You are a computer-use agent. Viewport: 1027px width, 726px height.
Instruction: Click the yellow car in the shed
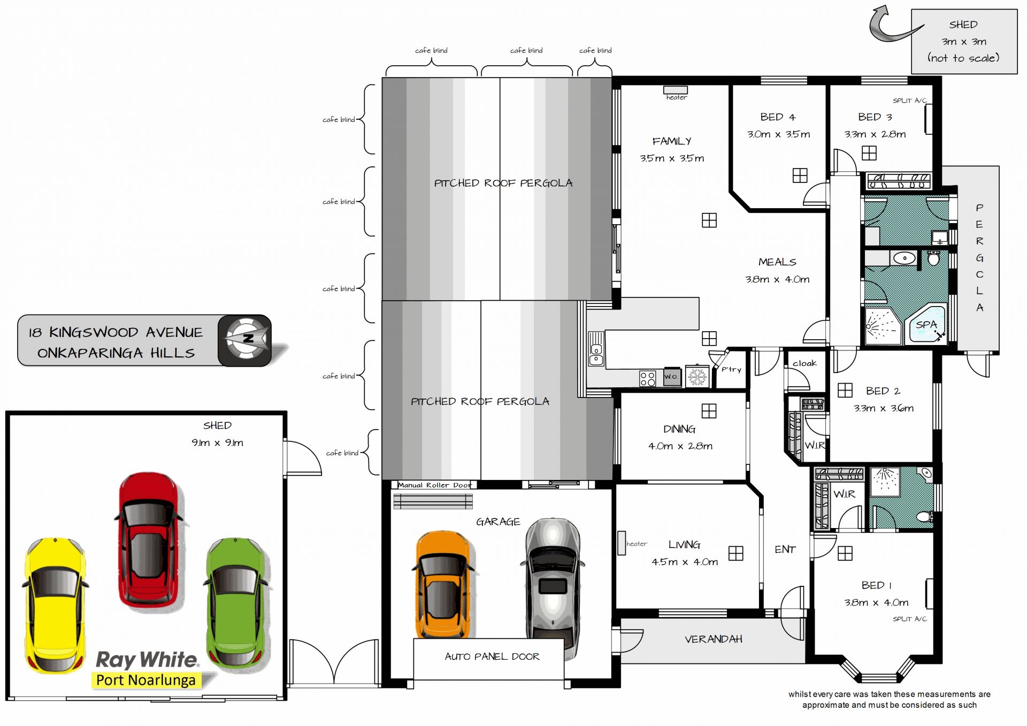[55, 605]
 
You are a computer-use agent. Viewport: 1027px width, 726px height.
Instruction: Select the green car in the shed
[237, 602]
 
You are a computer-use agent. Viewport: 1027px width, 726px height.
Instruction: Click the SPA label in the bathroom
[926, 325]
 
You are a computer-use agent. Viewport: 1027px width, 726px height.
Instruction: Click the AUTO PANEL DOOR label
[492, 656]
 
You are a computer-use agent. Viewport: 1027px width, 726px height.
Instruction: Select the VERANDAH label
[714, 639]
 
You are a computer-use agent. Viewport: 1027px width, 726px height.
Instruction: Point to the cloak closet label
[804, 363]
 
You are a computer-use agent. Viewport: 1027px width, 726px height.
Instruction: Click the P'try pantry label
[731, 369]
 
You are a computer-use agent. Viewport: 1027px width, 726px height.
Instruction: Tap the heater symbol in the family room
[676, 90]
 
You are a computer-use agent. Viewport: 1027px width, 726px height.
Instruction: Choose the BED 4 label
[778, 117]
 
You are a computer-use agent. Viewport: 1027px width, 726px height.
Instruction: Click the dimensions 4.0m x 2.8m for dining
[680, 446]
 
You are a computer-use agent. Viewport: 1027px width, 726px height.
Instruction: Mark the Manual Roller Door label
[435, 485]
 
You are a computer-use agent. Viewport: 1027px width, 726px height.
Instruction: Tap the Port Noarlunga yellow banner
[146, 680]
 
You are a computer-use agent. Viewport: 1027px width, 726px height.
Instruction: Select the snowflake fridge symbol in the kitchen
[697, 377]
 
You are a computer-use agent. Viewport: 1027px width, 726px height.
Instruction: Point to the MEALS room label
[777, 262]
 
